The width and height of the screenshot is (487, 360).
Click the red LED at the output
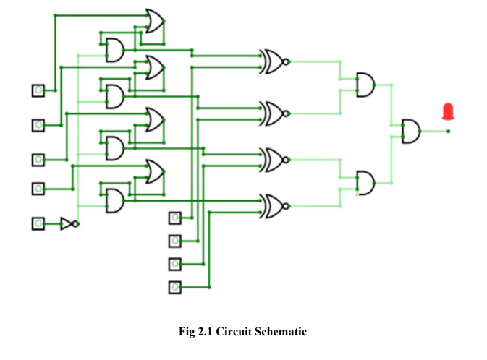coord(449,111)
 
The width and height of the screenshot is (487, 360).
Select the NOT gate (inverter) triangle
coord(67,224)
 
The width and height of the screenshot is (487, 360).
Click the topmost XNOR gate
coord(274,62)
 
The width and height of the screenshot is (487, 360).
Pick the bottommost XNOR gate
coord(274,206)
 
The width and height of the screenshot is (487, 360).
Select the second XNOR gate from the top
coord(274,113)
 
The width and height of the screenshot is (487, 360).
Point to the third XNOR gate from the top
coord(274,158)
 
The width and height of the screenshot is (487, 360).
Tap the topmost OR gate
coord(154,22)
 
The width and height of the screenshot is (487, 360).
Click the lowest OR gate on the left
coord(154,172)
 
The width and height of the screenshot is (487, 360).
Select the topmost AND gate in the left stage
coord(114,50)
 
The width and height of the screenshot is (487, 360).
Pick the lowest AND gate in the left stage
coord(114,200)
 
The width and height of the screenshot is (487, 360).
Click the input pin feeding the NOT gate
coord(38,224)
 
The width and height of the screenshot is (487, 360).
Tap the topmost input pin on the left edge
coord(38,90)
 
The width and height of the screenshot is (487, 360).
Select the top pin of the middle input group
coord(174,218)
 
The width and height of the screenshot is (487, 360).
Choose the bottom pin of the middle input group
coord(174,288)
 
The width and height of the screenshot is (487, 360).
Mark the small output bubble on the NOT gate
coord(75,224)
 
